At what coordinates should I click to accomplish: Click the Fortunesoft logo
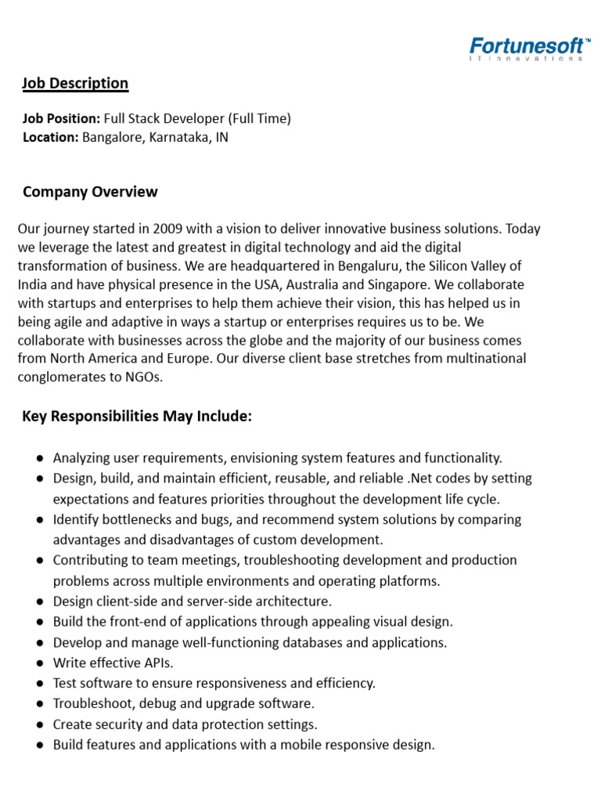click(530, 48)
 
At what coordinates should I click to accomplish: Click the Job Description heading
click(75, 83)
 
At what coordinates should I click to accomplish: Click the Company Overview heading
click(90, 192)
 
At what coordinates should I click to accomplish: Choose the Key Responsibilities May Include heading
click(137, 417)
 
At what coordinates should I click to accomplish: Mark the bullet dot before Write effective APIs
click(40, 663)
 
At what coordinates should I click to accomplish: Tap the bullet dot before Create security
click(40, 724)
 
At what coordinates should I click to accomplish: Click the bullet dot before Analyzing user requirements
click(40, 458)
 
